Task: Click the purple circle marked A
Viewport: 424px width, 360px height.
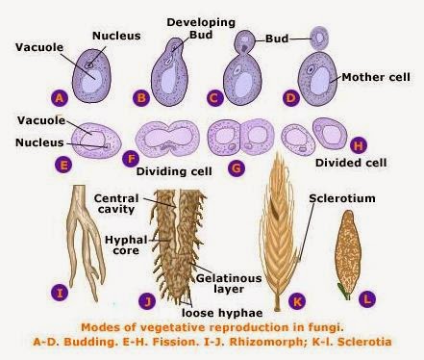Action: coord(62,98)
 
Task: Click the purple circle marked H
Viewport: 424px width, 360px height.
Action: coord(359,146)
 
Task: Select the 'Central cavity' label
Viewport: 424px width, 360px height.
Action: coord(117,204)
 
